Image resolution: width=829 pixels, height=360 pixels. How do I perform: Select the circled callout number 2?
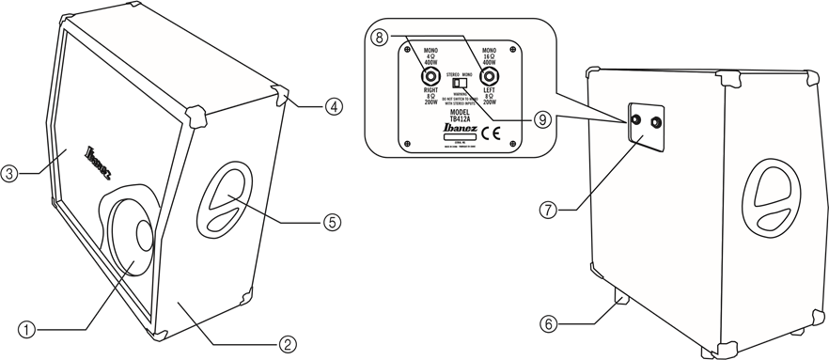(289, 343)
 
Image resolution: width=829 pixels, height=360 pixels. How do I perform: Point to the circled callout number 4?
(333, 106)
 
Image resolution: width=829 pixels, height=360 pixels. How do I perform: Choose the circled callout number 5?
(331, 222)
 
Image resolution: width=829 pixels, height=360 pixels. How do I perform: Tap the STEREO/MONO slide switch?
(461, 84)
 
